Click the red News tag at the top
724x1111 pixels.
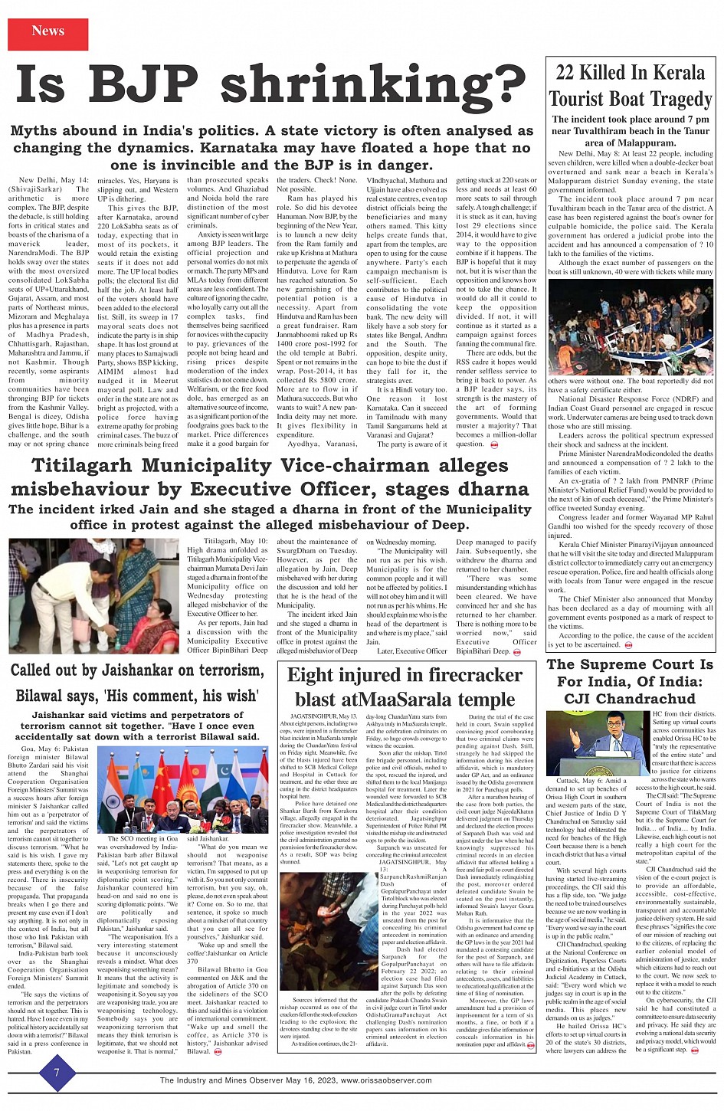(48, 31)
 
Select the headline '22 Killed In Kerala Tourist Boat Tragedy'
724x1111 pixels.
(631, 86)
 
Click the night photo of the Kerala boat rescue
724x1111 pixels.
(631, 326)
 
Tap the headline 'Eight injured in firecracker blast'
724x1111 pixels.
(405, 687)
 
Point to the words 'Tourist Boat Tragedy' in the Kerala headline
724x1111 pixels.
(631, 100)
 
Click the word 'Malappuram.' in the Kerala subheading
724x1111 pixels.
(631, 143)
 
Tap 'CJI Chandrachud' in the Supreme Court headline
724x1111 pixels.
(630, 699)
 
